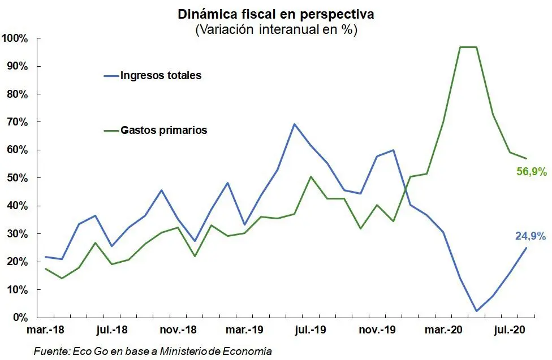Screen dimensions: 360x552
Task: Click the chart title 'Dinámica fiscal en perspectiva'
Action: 276,13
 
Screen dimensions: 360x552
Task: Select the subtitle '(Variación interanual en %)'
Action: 276,29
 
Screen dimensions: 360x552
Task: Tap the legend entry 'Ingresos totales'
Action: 161,75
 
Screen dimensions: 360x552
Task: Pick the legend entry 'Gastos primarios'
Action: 163,130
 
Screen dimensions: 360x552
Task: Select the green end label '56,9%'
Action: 531,172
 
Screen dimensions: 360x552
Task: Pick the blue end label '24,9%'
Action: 530,236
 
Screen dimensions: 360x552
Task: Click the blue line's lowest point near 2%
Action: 476,311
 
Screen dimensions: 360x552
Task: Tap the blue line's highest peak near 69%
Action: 294,124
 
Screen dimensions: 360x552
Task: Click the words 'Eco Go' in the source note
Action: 89,351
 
